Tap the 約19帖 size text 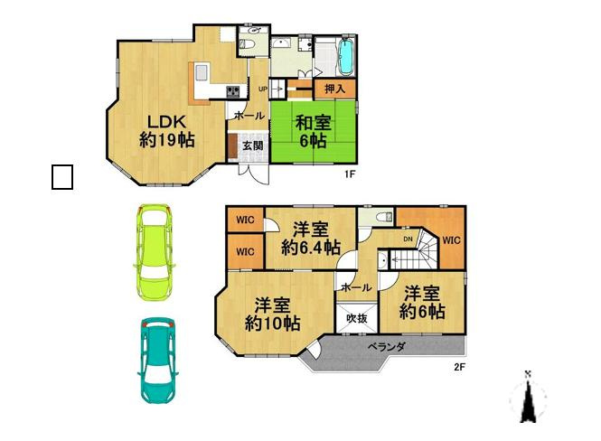pyautogui.click(x=166, y=141)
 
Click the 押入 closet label pyautogui.click(x=335, y=89)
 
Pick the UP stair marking pyautogui.click(x=263, y=89)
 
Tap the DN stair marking pyautogui.click(x=408, y=239)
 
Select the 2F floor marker pyautogui.click(x=458, y=367)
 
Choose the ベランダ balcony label pyautogui.click(x=386, y=347)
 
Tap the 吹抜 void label pyautogui.click(x=354, y=318)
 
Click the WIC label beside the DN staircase pyautogui.click(x=452, y=240)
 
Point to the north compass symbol pyautogui.click(x=528, y=398)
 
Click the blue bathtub pyautogui.click(x=346, y=58)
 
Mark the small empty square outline pyautogui.click(x=61, y=177)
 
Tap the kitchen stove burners pyautogui.click(x=232, y=89)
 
